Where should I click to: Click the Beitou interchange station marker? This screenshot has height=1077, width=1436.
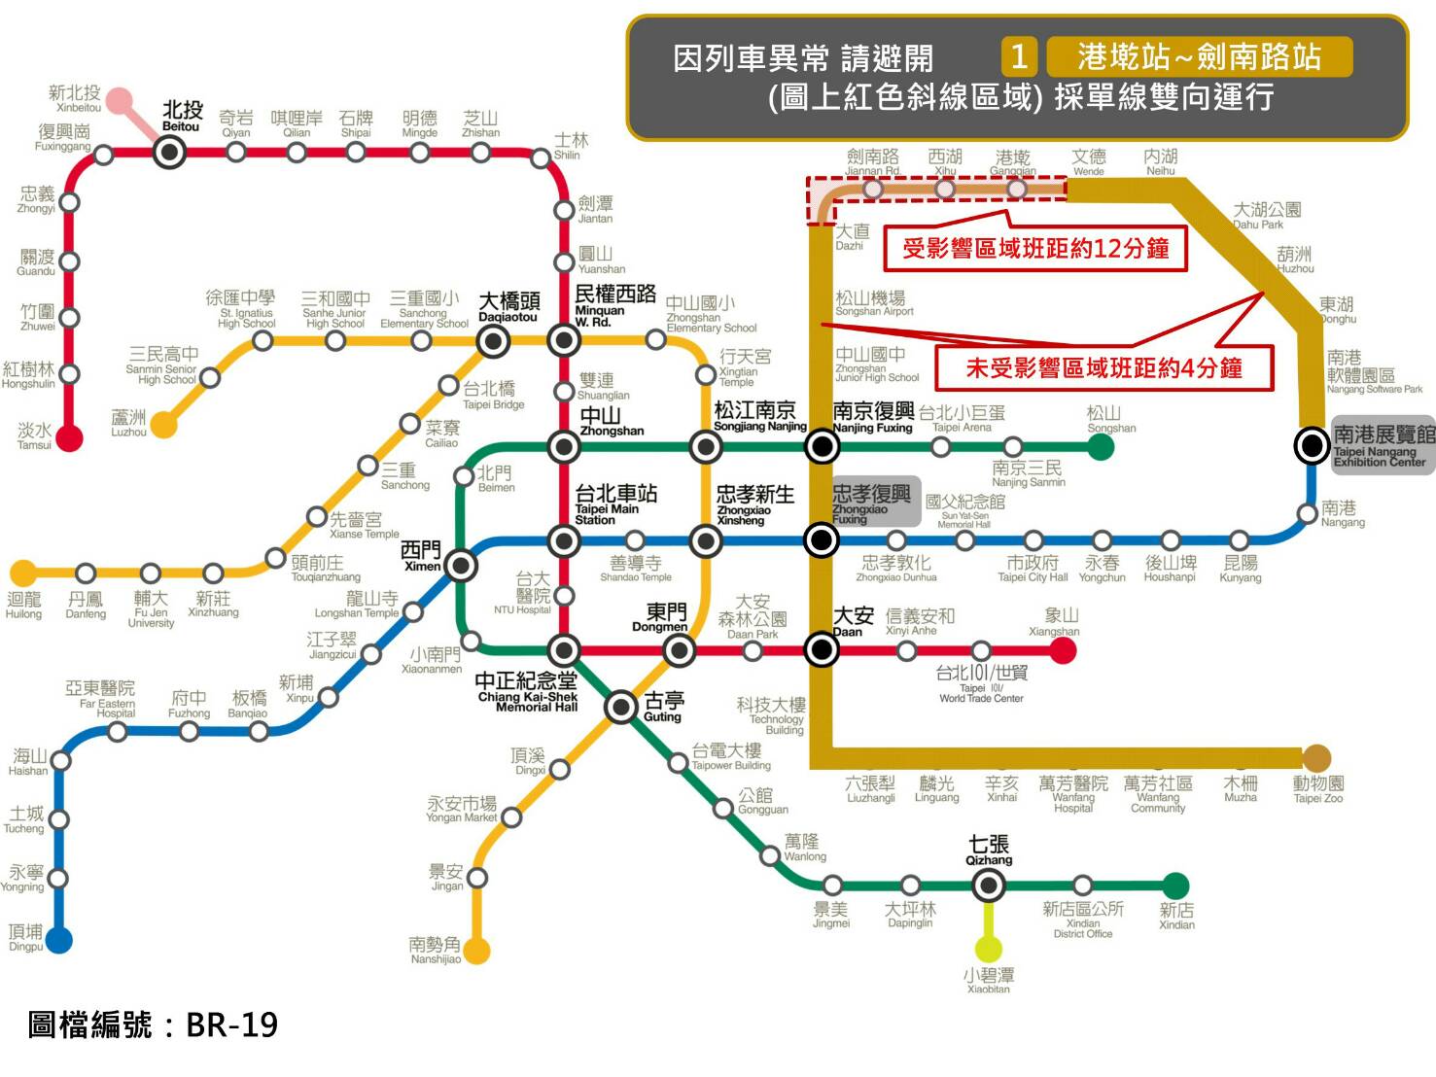(170, 152)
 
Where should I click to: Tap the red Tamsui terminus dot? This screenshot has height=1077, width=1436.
(68, 437)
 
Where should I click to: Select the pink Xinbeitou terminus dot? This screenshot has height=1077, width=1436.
(119, 101)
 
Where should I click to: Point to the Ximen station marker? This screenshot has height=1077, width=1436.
(461, 565)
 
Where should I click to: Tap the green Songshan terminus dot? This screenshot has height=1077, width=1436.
(1100, 447)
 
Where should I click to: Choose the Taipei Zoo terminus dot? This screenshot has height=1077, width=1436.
(1316, 758)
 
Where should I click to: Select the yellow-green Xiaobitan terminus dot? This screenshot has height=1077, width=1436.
(988, 948)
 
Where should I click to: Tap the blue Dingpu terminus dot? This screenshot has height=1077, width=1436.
(58, 940)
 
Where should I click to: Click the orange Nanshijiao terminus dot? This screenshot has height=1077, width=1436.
(476, 950)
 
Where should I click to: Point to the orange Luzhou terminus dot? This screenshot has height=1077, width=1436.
(163, 425)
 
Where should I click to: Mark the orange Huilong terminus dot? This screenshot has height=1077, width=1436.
(23, 573)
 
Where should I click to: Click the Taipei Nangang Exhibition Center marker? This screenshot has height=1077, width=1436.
(1312, 445)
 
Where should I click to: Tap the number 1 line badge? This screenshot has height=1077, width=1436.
(1019, 56)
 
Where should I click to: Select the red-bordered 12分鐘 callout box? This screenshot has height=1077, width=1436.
(1035, 249)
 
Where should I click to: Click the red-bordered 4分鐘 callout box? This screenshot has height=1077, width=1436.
(1103, 368)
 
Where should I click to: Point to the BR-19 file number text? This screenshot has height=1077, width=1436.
(154, 1025)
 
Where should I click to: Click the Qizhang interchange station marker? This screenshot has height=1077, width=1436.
(988, 885)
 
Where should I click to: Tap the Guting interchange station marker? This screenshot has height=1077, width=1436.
(621, 707)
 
